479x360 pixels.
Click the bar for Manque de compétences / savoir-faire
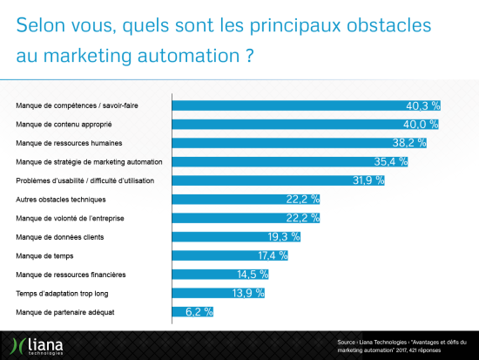click(x=305, y=105)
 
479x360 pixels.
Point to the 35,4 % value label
click(x=391, y=161)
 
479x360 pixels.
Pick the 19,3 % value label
click(x=284, y=236)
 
